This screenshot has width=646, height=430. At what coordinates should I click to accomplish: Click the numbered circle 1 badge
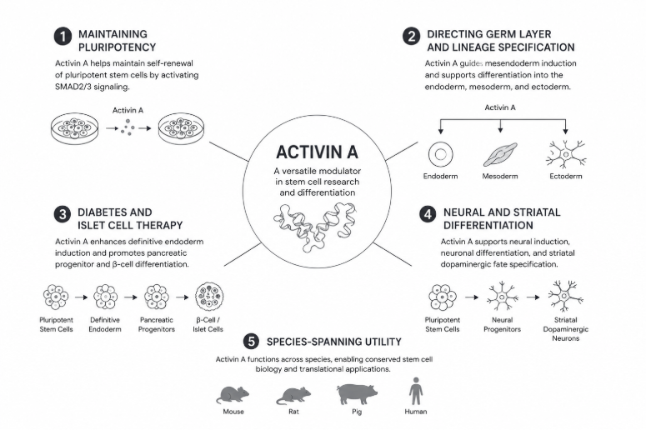[x=63, y=37]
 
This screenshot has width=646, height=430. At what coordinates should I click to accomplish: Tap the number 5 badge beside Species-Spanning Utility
[x=251, y=342]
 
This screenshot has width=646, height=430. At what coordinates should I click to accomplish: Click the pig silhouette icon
[x=357, y=394]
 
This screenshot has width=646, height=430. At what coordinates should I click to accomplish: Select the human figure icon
[x=416, y=391]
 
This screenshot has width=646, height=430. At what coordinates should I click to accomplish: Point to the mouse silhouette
[x=233, y=394]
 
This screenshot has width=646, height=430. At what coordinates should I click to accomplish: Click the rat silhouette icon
[x=293, y=395]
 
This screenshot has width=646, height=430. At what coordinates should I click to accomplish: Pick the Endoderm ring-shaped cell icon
[x=440, y=154]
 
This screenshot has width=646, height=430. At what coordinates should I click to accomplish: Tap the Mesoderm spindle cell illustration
[x=500, y=154]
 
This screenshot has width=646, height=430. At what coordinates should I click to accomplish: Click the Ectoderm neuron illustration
[x=566, y=154]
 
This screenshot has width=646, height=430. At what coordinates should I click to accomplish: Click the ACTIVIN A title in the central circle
[x=317, y=152]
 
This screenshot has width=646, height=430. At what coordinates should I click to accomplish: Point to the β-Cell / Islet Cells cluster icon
[x=209, y=297]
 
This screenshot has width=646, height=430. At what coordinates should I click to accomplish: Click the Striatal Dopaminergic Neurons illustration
[x=565, y=296]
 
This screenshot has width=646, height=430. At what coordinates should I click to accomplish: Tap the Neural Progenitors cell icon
[x=503, y=297]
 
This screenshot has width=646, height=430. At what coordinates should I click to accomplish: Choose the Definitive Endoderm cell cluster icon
[x=105, y=297]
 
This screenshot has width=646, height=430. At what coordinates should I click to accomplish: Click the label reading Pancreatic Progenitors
[x=157, y=324]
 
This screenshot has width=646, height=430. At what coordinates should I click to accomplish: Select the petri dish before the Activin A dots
[x=74, y=128]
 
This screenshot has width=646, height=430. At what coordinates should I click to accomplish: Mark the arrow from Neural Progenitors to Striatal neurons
[x=533, y=297]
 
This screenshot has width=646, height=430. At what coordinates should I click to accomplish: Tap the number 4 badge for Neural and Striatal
[x=428, y=215]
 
